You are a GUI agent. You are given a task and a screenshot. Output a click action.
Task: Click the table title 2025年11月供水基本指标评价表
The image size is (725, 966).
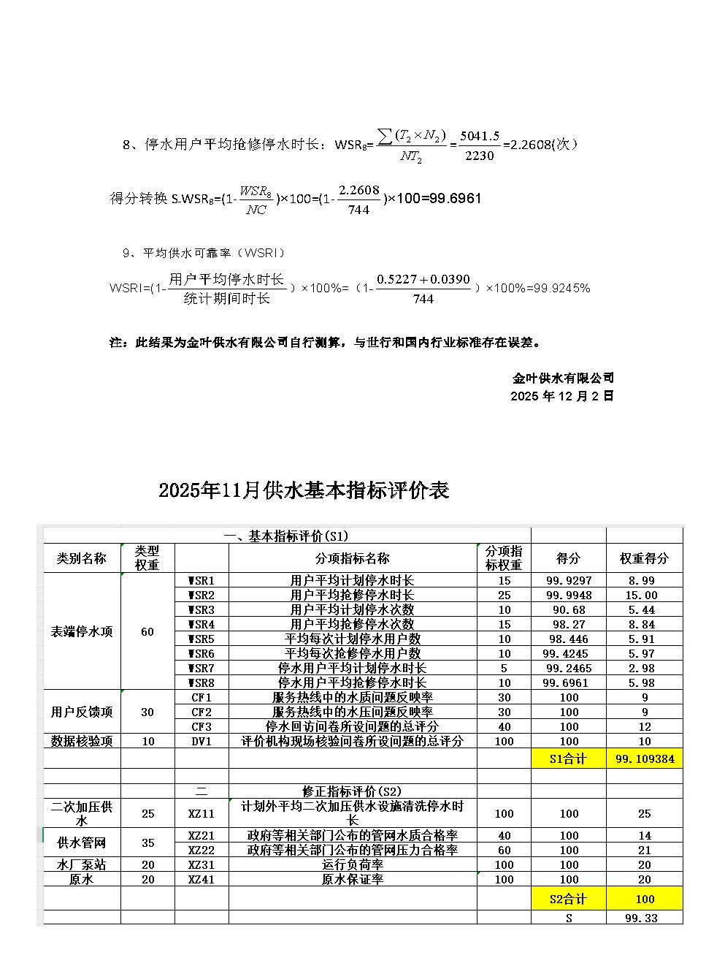pos(304,491)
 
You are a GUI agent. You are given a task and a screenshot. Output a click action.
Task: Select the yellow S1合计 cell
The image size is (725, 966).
pos(569,758)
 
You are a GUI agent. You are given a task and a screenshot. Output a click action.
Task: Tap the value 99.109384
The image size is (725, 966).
pos(645,758)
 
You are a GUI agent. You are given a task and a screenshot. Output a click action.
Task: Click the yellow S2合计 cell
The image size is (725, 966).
pos(569,899)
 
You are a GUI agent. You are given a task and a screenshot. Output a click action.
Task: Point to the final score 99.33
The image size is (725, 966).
pos(642,919)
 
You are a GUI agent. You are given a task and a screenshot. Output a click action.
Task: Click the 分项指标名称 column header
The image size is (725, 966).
pos(352,558)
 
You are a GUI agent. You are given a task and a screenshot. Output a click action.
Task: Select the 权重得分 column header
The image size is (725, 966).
pos(644,558)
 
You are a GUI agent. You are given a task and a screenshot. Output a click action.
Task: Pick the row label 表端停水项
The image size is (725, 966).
pos(82,631)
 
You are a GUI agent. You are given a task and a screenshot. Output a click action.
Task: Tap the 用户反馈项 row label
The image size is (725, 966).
pos(82,712)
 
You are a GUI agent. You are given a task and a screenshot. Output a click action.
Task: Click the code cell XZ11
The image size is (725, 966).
pos(202,813)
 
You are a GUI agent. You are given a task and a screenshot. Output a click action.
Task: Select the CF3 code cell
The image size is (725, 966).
pos(202,726)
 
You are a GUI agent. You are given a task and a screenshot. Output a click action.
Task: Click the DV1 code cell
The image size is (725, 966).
pos(202,741)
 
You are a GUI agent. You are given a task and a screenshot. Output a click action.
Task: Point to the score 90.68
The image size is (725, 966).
pos(569,609)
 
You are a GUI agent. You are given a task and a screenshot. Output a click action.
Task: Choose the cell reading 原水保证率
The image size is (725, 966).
pos(352,880)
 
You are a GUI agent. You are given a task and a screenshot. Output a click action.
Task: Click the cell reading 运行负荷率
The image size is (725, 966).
pos(352,864)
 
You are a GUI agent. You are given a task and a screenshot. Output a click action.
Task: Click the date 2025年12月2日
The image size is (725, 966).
pos(562,396)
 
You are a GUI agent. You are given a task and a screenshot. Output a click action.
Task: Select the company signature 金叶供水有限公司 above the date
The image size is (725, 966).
pos(563,378)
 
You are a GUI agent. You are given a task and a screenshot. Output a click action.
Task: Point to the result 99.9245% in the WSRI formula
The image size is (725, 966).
pos(562,288)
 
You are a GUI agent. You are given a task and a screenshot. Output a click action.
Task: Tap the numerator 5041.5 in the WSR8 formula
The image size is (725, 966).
pos(479,137)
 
